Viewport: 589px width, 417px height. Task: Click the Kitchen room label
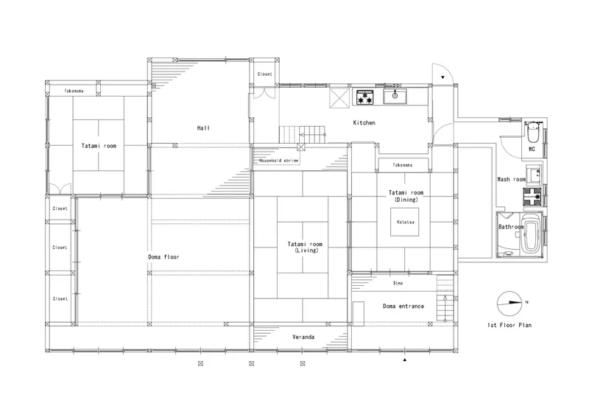(364, 122)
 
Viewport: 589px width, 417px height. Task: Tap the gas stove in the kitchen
(364, 97)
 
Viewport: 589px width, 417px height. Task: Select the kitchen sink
(395, 97)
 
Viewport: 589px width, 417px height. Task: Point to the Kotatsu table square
(404, 222)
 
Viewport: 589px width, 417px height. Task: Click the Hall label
(203, 128)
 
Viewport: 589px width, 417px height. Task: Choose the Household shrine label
(279, 161)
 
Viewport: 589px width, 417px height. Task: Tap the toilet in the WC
(532, 130)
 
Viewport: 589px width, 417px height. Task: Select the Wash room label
(511, 179)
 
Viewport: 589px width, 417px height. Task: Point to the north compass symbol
(509, 304)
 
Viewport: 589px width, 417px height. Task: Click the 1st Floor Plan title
(509, 325)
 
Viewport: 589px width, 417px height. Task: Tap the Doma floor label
(163, 257)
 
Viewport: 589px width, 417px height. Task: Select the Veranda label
(303, 337)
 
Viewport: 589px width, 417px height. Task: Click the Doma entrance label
(403, 306)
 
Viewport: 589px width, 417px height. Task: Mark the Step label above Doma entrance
(398, 283)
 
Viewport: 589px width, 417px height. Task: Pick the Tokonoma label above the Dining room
(402, 165)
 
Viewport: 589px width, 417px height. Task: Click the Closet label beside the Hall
(264, 74)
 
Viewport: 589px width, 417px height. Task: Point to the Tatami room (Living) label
(305, 247)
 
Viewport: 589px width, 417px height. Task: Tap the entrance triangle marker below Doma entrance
(404, 360)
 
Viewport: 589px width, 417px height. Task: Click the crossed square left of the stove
(339, 97)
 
